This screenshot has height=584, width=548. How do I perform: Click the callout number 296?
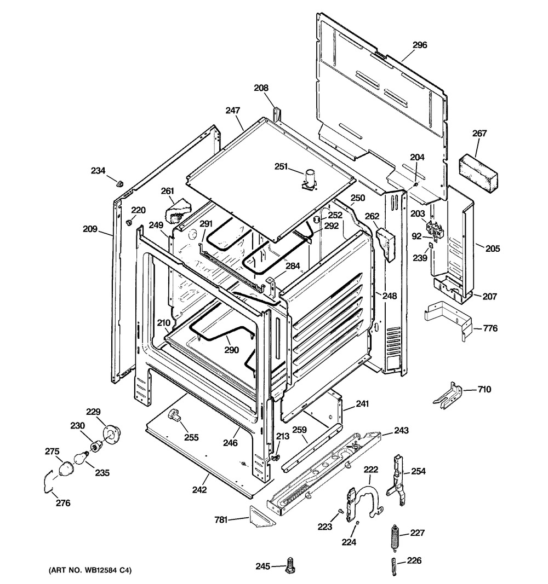(x=419, y=45)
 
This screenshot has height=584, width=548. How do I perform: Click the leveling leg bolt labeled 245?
(x=289, y=567)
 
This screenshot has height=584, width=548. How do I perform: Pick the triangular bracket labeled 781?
(x=262, y=516)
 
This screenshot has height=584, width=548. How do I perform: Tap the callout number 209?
(x=90, y=229)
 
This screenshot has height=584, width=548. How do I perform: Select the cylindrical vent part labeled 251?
(x=310, y=179)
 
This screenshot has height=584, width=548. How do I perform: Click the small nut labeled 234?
(x=120, y=183)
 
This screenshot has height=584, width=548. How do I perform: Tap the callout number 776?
(x=490, y=328)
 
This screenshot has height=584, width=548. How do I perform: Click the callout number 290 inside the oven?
(x=231, y=350)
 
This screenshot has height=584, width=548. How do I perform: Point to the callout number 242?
(x=199, y=490)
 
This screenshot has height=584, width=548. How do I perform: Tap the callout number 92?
(x=417, y=236)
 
